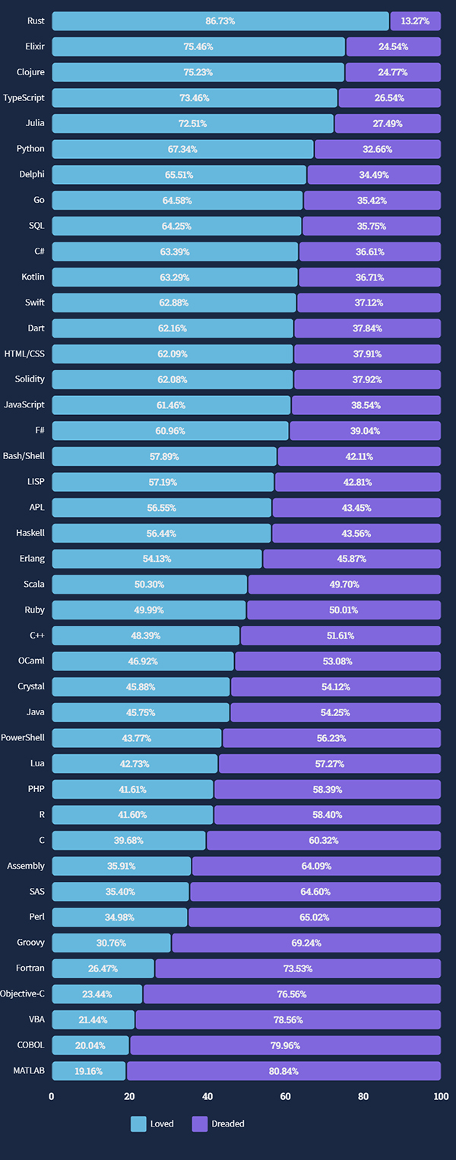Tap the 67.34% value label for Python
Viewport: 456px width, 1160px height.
pyautogui.click(x=182, y=149)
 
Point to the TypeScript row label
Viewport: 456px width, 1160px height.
pyautogui.click(x=24, y=98)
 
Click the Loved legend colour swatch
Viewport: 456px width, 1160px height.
pyautogui.click(x=138, y=1124)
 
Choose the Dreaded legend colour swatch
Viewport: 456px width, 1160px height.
pyautogui.click(x=200, y=1124)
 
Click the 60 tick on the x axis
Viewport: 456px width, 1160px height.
pyautogui.click(x=285, y=1097)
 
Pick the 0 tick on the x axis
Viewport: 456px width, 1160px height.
pyautogui.click(x=52, y=1097)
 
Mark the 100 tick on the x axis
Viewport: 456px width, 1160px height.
pyautogui.click(x=441, y=1097)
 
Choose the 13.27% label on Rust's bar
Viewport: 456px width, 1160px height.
pyautogui.click(x=416, y=21)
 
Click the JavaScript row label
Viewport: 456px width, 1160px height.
pyautogui.click(x=24, y=405)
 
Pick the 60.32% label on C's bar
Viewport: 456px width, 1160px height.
pyautogui.click(x=324, y=840)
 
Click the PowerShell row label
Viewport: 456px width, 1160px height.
pyautogui.click(x=23, y=737)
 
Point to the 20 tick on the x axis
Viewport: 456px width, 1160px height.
pyautogui.click(x=129, y=1097)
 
